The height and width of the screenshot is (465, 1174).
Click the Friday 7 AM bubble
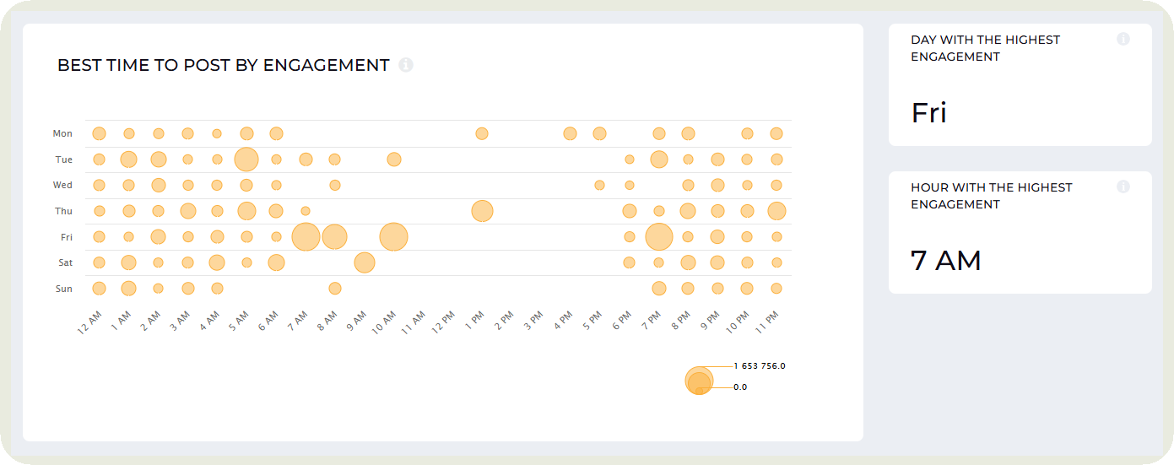pos(306,237)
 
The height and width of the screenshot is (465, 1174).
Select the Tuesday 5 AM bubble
pos(246,160)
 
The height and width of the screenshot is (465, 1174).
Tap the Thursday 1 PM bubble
pos(482,211)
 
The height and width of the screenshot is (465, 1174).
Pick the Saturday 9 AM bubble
pos(364,262)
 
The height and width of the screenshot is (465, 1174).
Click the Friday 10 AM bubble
pos(393,237)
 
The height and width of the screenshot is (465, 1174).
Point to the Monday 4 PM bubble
pos(570,133)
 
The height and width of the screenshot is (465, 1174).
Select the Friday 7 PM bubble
pos(658,237)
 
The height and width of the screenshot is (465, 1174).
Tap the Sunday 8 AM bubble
pos(335,289)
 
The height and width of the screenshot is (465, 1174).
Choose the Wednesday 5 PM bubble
pos(599,185)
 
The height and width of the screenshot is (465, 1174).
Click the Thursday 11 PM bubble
pos(776,211)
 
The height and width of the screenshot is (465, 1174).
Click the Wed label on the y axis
pos(62,185)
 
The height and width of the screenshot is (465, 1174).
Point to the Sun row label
pos(64,289)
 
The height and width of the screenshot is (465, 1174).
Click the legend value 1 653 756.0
pos(760,366)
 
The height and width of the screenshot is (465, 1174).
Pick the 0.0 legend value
pos(740,387)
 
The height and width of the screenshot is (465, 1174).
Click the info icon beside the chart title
pos(406,65)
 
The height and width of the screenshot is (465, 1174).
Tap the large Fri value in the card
pos(928,113)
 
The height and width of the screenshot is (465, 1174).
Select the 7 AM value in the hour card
pos(945,261)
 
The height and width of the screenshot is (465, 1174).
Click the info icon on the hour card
pos(1123,187)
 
